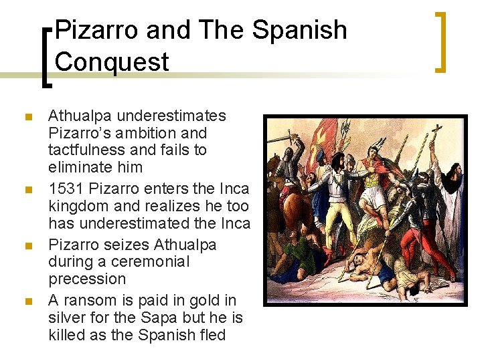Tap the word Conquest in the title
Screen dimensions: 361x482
click(112, 62)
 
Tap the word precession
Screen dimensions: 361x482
click(87, 279)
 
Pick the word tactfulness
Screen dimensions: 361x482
click(86, 150)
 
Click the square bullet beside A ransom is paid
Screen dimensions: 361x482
click(27, 302)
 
